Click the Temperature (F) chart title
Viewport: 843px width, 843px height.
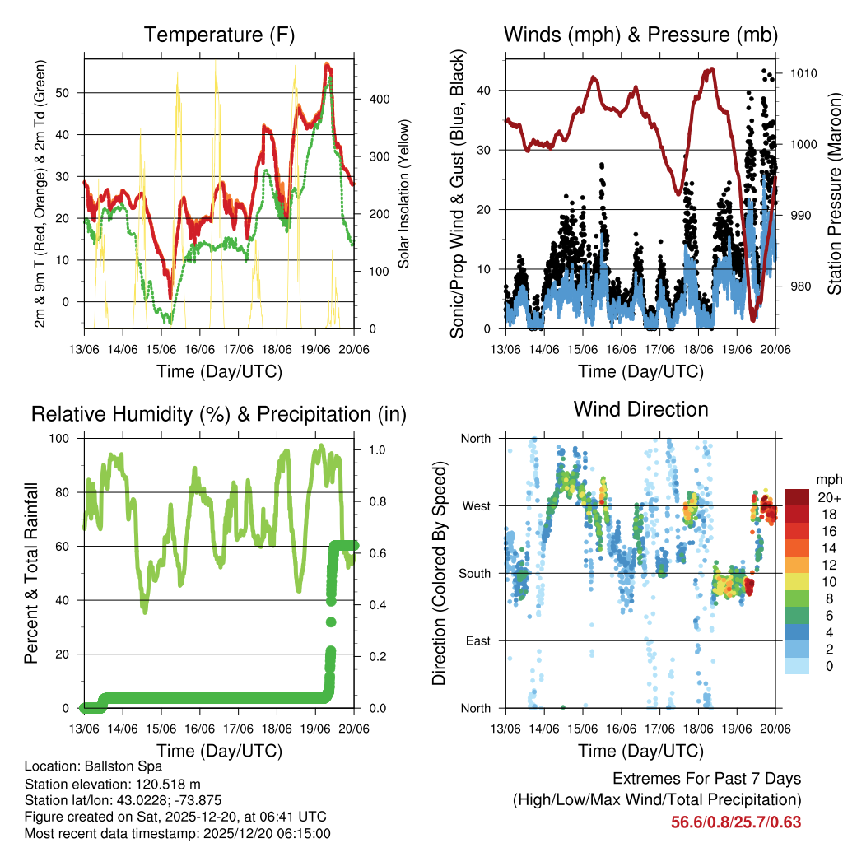click(219, 35)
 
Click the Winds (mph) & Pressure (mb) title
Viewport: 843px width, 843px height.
click(640, 35)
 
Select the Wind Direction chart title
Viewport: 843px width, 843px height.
click(640, 409)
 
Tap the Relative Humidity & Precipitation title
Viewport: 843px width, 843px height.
click(219, 414)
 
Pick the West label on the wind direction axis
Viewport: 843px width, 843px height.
click(476, 505)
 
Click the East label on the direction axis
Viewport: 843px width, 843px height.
click(477, 640)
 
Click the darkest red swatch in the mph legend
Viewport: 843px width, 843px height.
click(797, 497)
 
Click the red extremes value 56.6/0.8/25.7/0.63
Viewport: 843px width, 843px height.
click(736, 822)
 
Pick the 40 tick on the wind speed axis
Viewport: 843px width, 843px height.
click(484, 91)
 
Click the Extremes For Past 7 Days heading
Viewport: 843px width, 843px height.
click(706, 779)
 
